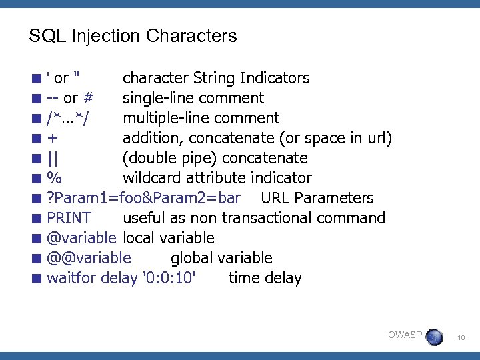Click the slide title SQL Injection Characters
[x=133, y=35]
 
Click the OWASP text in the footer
[x=405, y=335]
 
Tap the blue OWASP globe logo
[x=434, y=337]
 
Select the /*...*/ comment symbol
[x=70, y=119]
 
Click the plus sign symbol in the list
[x=53, y=139]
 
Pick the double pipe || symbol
[x=52, y=159]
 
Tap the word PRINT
[x=69, y=219]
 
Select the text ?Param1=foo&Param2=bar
[x=143, y=199]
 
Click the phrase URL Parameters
[x=317, y=199]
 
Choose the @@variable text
[x=89, y=259]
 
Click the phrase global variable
[x=221, y=259]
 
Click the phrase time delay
[x=265, y=279]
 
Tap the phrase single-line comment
[x=193, y=99]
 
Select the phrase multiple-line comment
[x=201, y=119]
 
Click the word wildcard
[x=150, y=179]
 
